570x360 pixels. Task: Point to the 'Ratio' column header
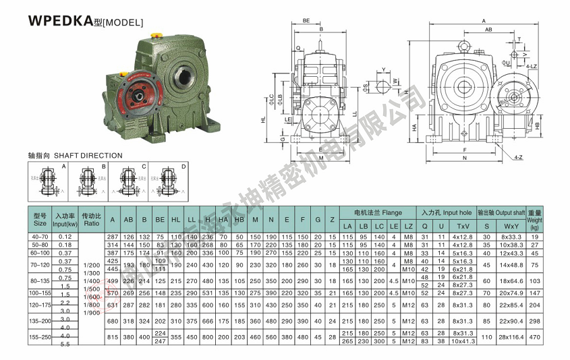tap(90, 219)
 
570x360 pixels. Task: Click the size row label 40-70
tap(40, 237)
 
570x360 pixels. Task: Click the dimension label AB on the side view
tap(487, 30)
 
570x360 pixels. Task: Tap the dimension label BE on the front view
tap(306, 21)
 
